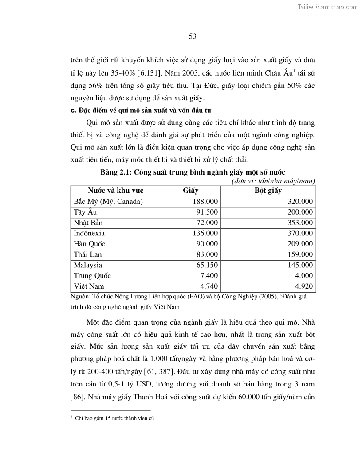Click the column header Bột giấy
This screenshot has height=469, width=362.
[268, 191]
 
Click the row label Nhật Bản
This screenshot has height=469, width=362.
[88, 223]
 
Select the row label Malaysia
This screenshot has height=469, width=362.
[88, 265]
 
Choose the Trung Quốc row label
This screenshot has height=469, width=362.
[92, 276]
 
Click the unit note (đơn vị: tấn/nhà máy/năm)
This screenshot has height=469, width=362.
[273, 181]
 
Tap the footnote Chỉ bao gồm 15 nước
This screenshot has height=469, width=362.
[114, 418]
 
